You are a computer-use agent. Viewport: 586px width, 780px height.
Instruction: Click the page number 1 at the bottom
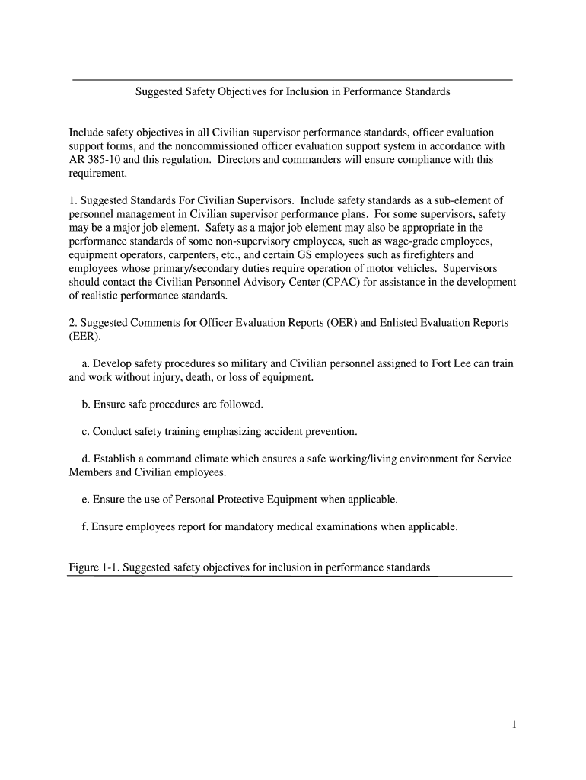(x=514, y=725)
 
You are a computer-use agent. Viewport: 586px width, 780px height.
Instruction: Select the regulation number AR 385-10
(x=97, y=160)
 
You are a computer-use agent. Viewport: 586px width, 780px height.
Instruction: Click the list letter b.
(x=84, y=404)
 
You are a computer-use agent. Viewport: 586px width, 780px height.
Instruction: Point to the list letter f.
(x=84, y=526)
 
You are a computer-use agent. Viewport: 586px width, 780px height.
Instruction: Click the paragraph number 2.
(x=72, y=323)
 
